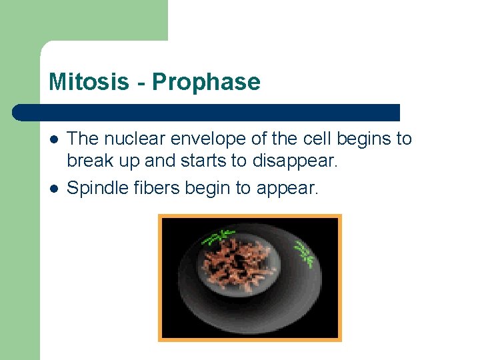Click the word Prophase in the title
(x=206, y=82)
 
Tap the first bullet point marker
(x=53, y=139)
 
